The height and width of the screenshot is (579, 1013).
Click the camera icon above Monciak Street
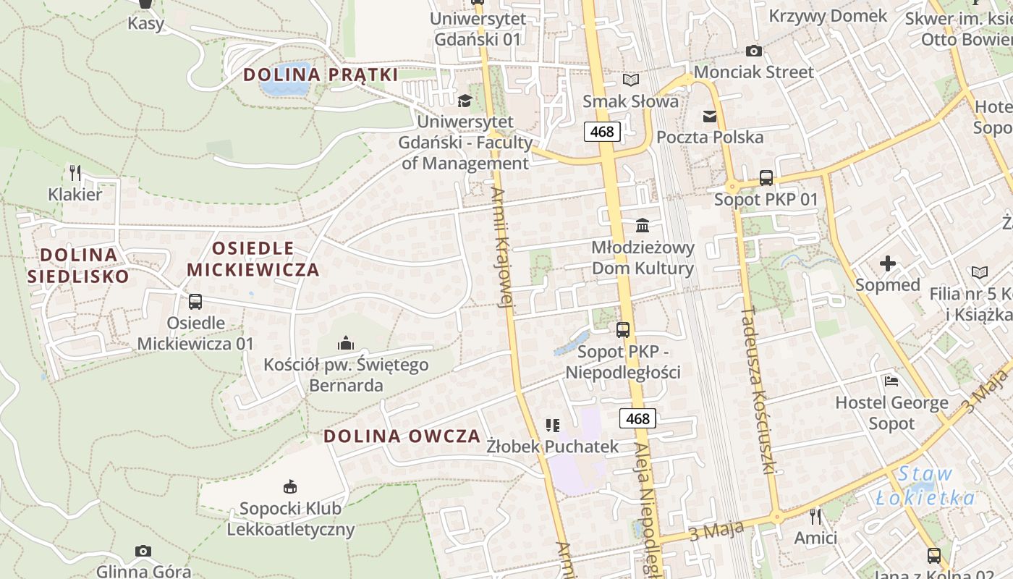point(753,51)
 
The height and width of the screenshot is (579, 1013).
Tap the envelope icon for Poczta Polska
point(709,116)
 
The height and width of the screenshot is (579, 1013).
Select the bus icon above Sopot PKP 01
point(766,178)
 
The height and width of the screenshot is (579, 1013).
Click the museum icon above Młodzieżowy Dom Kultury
point(642,226)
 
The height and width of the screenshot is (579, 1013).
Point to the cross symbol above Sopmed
point(888,263)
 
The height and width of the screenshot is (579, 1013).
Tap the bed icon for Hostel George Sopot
point(891,381)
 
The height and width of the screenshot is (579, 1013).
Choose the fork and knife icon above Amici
point(815,516)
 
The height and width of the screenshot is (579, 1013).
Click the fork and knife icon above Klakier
point(75,172)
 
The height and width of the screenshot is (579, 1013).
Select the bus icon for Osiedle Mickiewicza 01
point(195,302)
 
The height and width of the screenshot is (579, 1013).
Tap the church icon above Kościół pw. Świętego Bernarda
point(345,342)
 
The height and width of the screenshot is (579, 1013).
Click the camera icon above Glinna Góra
point(143,551)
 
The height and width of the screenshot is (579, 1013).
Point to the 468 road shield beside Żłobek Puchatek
point(638,418)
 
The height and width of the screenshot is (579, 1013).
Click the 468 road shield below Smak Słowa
point(602,131)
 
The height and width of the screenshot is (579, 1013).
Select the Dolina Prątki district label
point(321,75)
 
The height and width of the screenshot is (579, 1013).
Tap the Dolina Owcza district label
point(402,436)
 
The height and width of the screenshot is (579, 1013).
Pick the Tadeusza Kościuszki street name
point(758,389)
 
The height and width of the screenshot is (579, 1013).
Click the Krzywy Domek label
point(828,16)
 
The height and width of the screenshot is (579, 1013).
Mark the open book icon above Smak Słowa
point(631,80)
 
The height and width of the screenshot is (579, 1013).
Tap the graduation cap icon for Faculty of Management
point(465,101)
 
